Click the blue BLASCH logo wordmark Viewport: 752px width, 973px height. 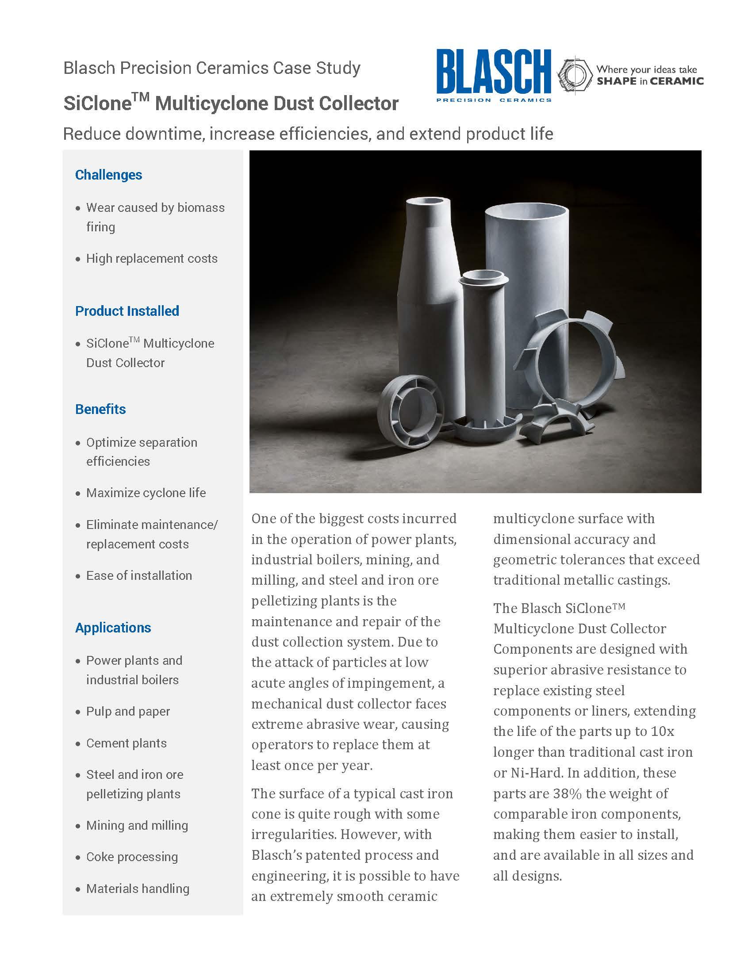point(494,72)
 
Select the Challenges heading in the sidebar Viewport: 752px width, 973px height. point(108,175)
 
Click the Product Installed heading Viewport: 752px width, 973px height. point(127,310)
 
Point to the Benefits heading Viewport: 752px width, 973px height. point(100,409)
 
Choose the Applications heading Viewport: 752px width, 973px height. point(113,627)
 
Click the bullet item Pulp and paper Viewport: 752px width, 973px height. point(128,711)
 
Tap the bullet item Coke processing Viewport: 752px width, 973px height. point(132,856)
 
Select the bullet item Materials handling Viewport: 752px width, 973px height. point(138,889)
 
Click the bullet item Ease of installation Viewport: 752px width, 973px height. point(139,575)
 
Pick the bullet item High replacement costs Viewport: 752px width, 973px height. point(151,258)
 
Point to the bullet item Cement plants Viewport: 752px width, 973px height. point(127,743)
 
